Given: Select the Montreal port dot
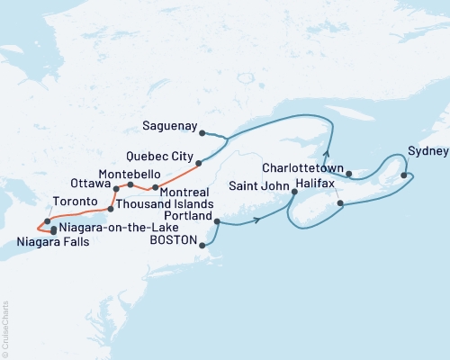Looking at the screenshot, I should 156,187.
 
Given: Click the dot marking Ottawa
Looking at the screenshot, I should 116,189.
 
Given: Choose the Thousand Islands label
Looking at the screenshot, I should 155,208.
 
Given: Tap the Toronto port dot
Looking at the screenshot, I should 47,220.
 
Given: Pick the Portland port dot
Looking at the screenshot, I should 217,220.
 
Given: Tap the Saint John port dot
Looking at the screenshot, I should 294,191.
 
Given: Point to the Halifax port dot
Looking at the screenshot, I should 340,204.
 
